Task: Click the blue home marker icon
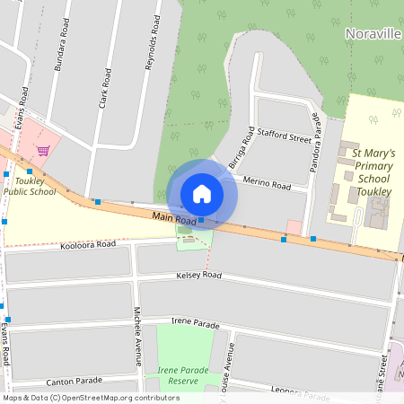click(x=202, y=194)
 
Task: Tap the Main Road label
click(x=173, y=218)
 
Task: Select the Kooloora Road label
click(x=88, y=244)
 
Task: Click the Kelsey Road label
click(x=198, y=275)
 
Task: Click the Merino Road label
click(x=267, y=185)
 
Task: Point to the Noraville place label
click(x=373, y=32)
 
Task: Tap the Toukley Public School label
click(x=30, y=186)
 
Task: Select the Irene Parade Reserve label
click(x=182, y=375)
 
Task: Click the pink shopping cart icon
click(x=42, y=150)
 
